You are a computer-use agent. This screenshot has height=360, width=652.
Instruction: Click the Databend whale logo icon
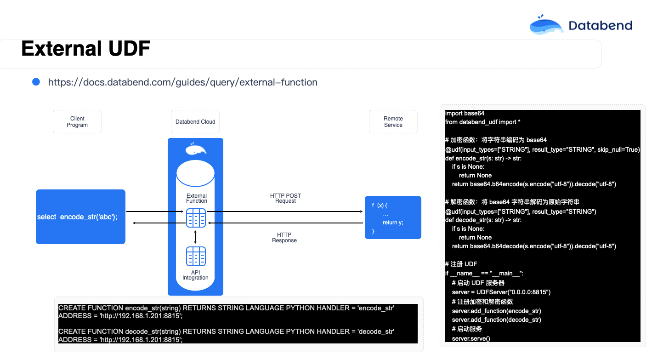pyautogui.click(x=546, y=25)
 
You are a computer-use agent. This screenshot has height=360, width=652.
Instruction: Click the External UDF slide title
pyautogui.click(x=85, y=48)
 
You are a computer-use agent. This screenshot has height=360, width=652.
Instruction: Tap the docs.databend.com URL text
pyautogui.click(x=183, y=82)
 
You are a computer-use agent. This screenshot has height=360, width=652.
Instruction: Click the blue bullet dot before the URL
pyautogui.click(x=36, y=82)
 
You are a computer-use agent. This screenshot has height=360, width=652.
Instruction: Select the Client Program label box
pyautogui.click(x=77, y=122)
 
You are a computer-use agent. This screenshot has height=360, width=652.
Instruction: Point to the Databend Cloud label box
pyautogui.click(x=195, y=122)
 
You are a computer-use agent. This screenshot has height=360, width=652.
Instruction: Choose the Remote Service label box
pyautogui.click(x=393, y=122)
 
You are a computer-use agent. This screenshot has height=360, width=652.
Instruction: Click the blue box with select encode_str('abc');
pyautogui.click(x=80, y=217)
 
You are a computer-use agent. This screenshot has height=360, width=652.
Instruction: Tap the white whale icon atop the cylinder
pyautogui.click(x=196, y=149)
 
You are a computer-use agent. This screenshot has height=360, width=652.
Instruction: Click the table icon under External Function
pyautogui.click(x=196, y=218)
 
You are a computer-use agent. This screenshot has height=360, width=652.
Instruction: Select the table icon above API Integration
pyautogui.click(x=196, y=256)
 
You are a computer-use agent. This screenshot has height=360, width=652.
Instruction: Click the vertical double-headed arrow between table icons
pyautogui.click(x=195, y=237)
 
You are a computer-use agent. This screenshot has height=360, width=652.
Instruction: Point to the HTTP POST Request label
pyautogui.click(x=285, y=198)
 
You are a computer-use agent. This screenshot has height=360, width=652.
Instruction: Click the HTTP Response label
pyautogui.click(x=284, y=238)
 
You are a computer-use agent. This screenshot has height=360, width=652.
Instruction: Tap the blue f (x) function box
pyautogui.click(x=393, y=217)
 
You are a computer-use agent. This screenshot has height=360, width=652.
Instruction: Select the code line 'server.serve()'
pyautogui.click(x=471, y=338)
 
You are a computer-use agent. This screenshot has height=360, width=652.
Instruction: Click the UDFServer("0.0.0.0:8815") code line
pyautogui.click(x=501, y=292)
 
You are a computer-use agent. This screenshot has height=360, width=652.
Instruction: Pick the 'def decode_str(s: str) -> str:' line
pyautogui.click(x=483, y=220)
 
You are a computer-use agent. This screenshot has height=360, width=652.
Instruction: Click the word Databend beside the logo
pyautogui.click(x=601, y=26)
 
